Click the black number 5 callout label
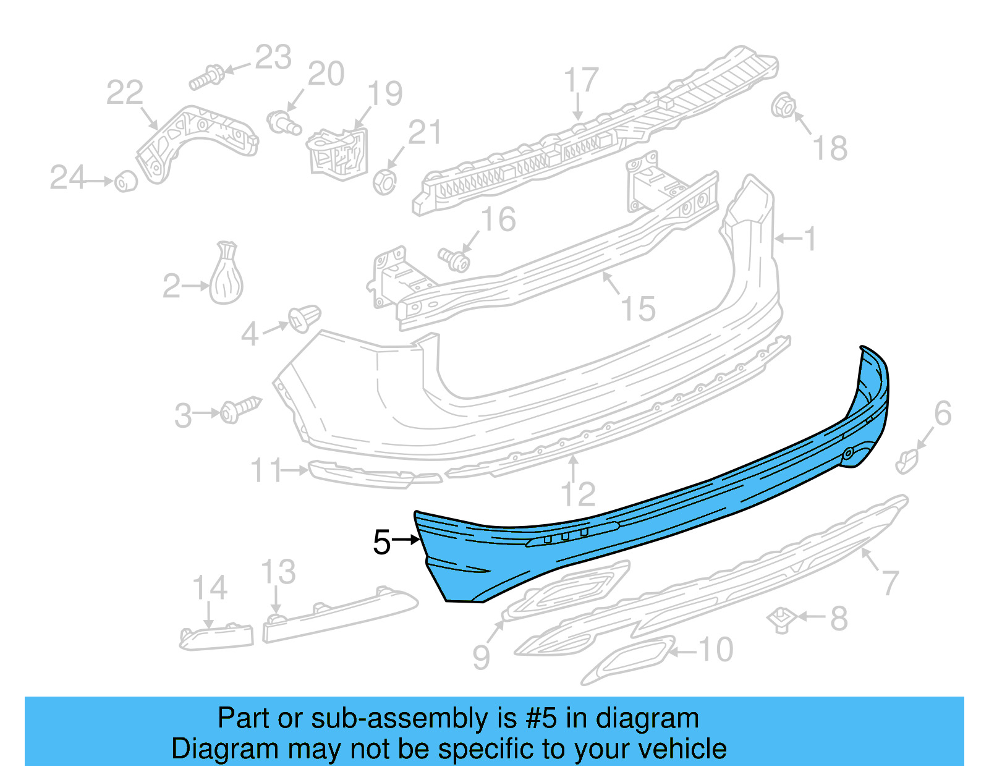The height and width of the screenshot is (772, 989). point(382,543)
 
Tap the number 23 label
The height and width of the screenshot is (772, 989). point(273,58)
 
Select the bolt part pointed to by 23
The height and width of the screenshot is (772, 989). point(207,77)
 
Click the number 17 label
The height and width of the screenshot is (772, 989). point(581,80)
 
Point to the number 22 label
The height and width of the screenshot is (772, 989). point(124,93)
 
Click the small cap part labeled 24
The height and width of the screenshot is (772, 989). point(126,181)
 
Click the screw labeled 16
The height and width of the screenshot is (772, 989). point(454,260)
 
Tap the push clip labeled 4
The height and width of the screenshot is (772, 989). point(304,318)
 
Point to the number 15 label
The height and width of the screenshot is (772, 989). point(638,309)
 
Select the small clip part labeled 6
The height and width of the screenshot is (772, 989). point(907,460)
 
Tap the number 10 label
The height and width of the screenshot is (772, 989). point(715,650)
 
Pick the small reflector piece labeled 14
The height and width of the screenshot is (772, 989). point(216,637)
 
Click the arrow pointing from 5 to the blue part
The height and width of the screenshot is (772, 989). point(407,540)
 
